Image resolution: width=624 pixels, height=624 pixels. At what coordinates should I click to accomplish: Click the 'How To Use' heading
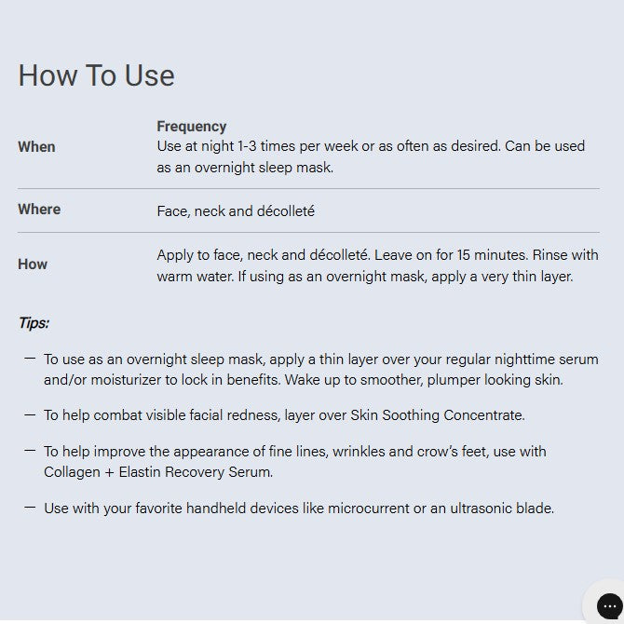96,75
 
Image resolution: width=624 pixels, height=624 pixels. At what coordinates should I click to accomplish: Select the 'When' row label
36,147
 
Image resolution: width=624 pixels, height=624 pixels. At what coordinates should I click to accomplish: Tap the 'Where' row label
39,210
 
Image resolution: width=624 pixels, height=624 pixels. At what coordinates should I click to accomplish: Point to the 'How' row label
33,265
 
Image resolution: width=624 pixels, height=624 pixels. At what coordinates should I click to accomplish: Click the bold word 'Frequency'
192,127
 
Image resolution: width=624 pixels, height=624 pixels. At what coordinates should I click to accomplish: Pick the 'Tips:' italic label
34,323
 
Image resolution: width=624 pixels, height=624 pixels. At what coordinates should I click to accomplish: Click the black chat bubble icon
609,606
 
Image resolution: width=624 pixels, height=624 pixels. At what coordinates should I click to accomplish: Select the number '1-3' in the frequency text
247,146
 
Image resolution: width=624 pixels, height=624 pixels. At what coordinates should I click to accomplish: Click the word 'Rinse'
550,255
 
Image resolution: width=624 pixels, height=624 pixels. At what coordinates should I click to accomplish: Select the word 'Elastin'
140,472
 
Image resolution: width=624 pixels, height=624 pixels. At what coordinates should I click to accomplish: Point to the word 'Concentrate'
484,415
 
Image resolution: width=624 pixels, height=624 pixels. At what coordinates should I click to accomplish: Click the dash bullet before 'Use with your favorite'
30,508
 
